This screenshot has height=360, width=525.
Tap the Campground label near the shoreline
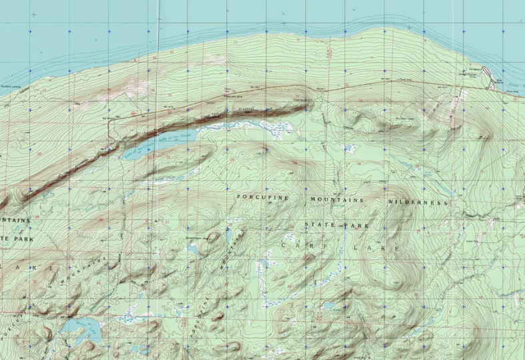pyautogui.click(x=474, y=68)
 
